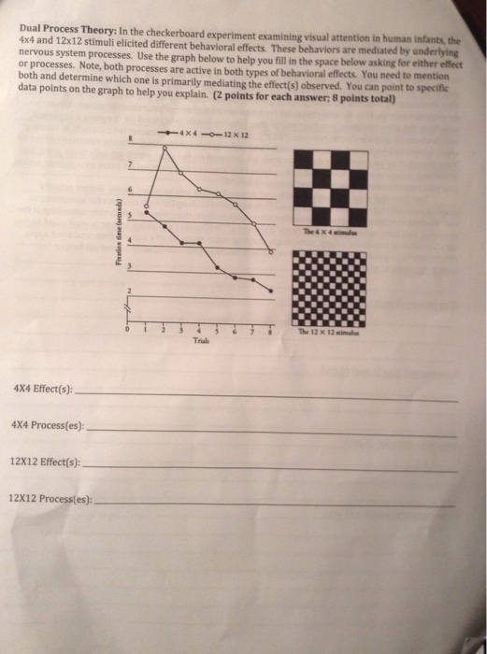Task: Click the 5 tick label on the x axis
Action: pyautogui.click(x=217, y=333)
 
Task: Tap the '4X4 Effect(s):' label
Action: pyautogui.click(x=42, y=390)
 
